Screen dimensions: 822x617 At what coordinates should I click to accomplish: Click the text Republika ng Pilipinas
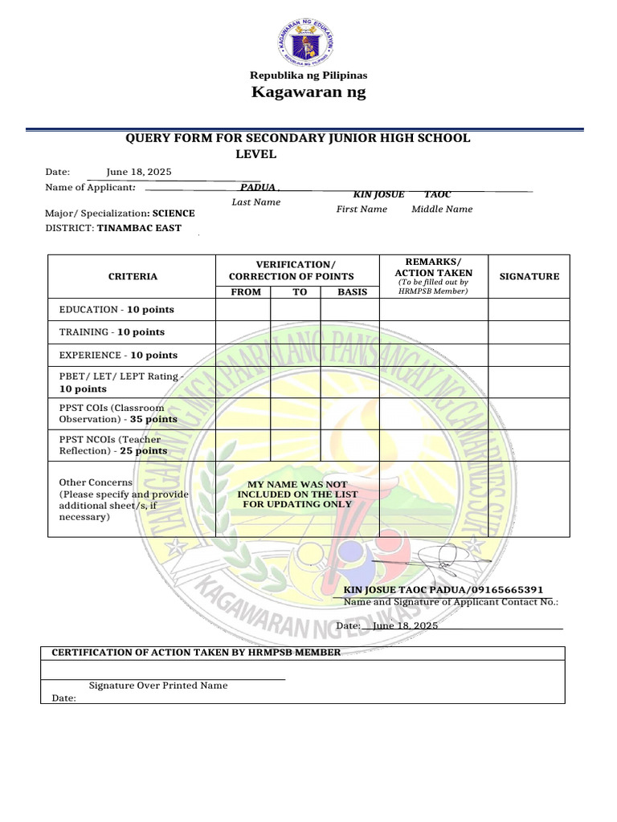point(308,75)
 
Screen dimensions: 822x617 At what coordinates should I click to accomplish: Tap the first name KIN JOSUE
point(378,195)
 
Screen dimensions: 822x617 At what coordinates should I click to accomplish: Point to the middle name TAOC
point(438,195)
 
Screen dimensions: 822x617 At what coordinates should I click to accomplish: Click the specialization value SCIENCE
point(174,214)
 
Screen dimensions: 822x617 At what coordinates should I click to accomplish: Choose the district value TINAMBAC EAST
point(139,228)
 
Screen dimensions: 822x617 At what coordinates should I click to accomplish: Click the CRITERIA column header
point(133,276)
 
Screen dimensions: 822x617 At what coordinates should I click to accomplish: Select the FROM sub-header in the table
point(245,291)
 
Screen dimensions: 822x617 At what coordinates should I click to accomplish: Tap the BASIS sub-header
point(352,291)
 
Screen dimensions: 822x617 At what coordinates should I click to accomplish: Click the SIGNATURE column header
point(529,276)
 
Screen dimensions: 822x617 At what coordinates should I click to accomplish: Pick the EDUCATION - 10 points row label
point(116,309)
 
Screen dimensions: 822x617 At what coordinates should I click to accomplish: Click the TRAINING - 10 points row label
point(112,332)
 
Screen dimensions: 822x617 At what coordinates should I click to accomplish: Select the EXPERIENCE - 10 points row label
point(118,355)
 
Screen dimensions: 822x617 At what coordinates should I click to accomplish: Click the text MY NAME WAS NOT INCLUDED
point(297,485)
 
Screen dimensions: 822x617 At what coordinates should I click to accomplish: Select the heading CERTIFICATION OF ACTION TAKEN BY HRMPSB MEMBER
point(196,652)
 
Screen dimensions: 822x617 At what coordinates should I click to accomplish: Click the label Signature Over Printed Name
point(158,686)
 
